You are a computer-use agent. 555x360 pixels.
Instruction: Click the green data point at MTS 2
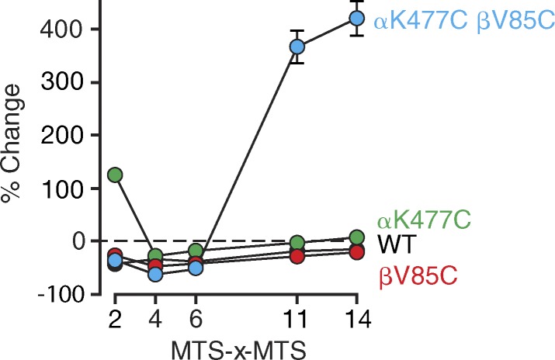(x=116, y=175)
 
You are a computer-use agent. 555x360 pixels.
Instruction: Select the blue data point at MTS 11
(x=297, y=47)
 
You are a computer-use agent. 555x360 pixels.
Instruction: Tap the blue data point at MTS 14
(x=356, y=18)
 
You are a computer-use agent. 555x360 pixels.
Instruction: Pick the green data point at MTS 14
(x=356, y=237)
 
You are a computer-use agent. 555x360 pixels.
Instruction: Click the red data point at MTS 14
(x=356, y=251)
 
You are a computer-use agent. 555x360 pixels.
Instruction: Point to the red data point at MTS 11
(x=297, y=256)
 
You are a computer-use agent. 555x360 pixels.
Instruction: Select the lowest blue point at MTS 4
(x=155, y=274)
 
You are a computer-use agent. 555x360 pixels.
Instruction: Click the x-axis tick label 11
(x=297, y=319)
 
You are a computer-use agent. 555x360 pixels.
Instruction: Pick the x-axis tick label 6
(x=196, y=319)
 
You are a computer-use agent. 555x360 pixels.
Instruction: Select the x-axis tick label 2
(x=115, y=319)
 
